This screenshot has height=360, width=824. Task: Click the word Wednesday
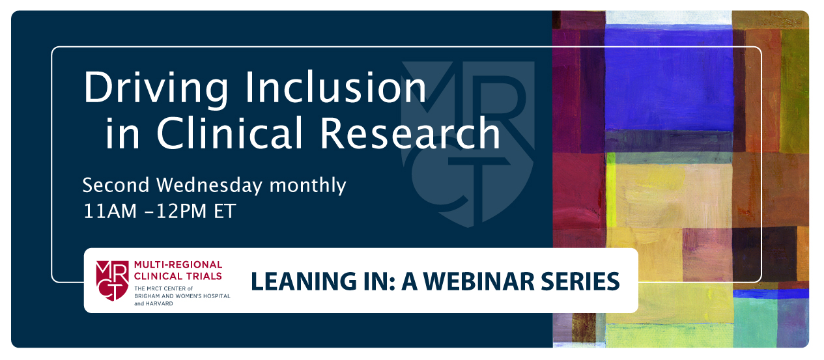[x=210, y=186]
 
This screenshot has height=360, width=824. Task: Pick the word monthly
[x=307, y=186]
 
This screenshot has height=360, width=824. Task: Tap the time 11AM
[x=110, y=211]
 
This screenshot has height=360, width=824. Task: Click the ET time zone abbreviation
[x=224, y=211]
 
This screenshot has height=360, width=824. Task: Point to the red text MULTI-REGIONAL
[x=178, y=265]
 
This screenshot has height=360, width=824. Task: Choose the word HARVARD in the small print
[x=158, y=304]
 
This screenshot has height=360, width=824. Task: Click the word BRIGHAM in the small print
[x=147, y=296]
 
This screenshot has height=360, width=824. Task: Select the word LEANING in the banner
[x=304, y=282]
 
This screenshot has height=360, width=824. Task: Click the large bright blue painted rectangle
[x=669, y=78]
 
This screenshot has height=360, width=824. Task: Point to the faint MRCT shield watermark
[x=468, y=144]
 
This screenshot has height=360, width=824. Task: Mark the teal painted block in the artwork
[x=755, y=322]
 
